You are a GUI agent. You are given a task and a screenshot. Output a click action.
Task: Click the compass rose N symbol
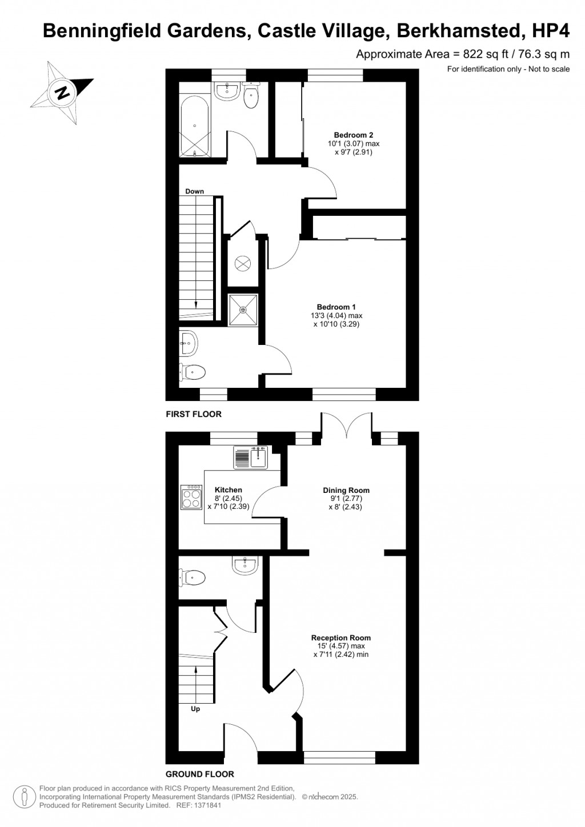click(x=62, y=92)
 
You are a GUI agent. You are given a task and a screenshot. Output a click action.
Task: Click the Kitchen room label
click(x=229, y=490)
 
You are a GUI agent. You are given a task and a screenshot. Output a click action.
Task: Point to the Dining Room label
click(x=346, y=490)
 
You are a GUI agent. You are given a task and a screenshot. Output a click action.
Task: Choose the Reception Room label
click(x=341, y=638)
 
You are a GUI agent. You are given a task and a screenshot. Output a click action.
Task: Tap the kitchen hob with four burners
click(x=191, y=497)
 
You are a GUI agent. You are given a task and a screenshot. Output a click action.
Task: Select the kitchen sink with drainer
click(x=251, y=457)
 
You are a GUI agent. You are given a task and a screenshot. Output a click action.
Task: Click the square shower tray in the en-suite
click(x=243, y=310)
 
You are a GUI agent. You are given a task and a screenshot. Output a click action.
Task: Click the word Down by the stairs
click(x=195, y=191)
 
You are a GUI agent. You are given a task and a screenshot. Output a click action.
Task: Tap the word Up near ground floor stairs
click(x=195, y=709)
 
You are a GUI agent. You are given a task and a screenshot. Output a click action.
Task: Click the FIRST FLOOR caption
click(x=194, y=414)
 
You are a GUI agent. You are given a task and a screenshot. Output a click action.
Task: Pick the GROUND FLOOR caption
click(x=199, y=774)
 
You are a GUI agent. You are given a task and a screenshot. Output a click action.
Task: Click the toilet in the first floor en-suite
click(x=193, y=372)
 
